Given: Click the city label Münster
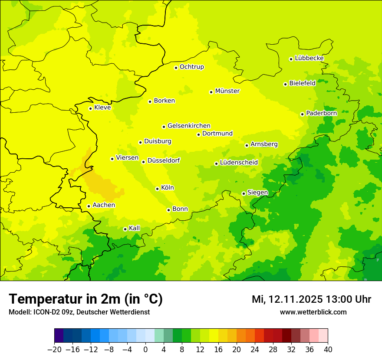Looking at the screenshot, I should [227, 91].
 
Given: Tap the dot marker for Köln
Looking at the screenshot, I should [157, 189].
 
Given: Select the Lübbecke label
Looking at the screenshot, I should [309, 58].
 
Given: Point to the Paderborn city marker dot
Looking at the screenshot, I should [302, 114].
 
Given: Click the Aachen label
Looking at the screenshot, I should [104, 205].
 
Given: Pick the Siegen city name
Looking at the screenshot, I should [257, 193].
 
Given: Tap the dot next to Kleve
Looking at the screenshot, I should [90, 108].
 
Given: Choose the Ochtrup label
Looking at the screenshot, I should [192, 67].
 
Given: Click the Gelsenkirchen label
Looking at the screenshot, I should [189, 126].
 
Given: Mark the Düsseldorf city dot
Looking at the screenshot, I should [143, 162].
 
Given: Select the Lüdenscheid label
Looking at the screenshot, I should [239, 163].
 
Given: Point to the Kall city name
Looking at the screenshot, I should [135, 228].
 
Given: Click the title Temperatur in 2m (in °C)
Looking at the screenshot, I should [86, 299].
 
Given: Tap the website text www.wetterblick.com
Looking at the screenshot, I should [313, 312].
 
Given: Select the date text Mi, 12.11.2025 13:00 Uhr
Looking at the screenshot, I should [311, 299].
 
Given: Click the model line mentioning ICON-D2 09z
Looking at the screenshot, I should [79, 312].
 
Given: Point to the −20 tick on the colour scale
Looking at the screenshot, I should [54, 349].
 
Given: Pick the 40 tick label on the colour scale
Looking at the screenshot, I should [328, 349].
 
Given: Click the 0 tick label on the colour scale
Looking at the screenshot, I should [145, 349].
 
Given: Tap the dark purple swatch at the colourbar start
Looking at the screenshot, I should [59, 336].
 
